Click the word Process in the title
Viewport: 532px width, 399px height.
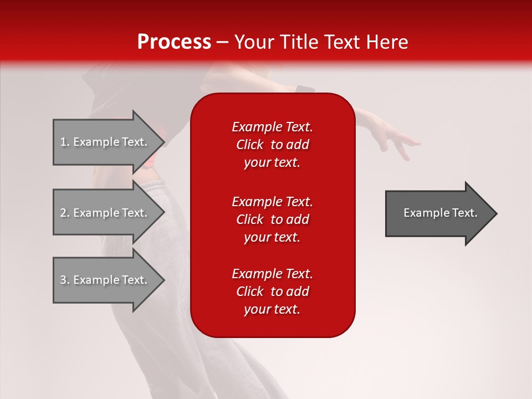[174, 42]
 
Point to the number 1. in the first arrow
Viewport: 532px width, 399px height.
[65, 142]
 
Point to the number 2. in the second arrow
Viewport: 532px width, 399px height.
[65, 213]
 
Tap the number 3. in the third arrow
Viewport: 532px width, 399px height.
[65, 280]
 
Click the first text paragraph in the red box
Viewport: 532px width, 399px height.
[272, 145]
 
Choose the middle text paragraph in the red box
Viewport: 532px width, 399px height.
[272, 219]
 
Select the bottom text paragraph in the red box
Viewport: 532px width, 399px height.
[272, 291]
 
